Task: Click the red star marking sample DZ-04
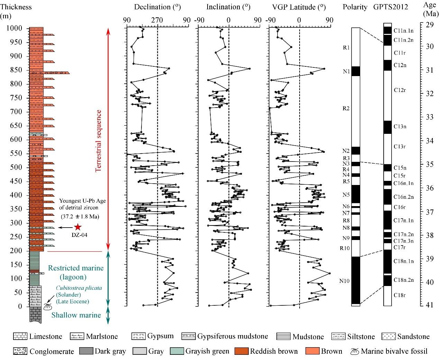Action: click(78, 227)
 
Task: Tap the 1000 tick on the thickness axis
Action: click(15, 28)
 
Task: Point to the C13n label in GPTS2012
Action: click(400, 127)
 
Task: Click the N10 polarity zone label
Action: click(344, 281)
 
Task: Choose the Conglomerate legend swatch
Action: click(20, 351)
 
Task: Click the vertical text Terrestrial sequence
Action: click(99, 140)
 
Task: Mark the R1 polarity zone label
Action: click(346, 47)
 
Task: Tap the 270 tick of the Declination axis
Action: click(157, 20)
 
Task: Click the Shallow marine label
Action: click(76, 315)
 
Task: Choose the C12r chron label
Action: click(400, 90)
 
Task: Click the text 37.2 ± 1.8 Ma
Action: click(79, 217)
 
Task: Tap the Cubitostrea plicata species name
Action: click(75, 288)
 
